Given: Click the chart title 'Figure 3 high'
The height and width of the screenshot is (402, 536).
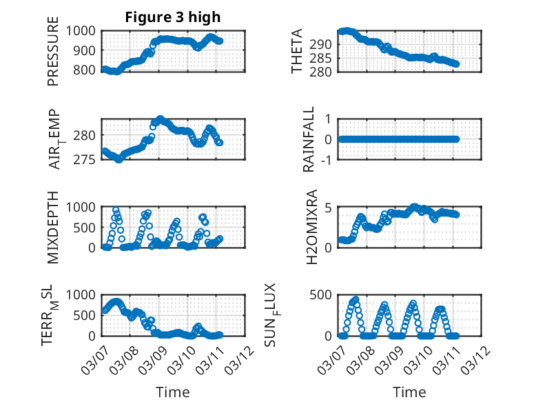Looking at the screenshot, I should click(x=173, y=17).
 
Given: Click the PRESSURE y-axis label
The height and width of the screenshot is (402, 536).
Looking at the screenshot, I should click(x=53, y=54).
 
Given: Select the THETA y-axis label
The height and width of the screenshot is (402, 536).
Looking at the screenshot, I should click(x=296, y=52).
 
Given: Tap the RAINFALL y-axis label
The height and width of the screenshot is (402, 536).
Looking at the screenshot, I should click(x=309, y=139).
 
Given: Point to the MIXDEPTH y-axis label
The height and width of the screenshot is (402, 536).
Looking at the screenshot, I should click(x=53, y=228).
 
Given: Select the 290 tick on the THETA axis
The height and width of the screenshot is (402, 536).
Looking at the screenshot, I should click(x=325, y=44).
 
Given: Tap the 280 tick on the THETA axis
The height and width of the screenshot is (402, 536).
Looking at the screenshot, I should click(x=325, y=72).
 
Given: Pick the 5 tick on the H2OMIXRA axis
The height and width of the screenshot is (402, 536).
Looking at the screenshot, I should click(x=330, y=208).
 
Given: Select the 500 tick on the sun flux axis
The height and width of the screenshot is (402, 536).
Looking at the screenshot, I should click(x=325, y=295).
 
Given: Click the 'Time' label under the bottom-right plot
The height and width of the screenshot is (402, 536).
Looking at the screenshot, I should click(x=409, y=392).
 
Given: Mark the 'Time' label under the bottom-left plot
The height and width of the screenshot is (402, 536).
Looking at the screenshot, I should click(x=173, y=392).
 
